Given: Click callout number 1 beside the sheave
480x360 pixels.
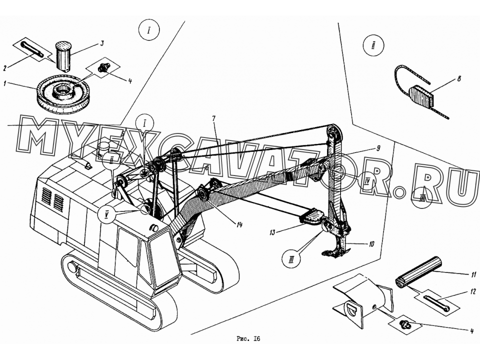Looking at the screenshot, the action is (5, 83).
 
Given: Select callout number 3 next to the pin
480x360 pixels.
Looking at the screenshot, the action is (102, 43).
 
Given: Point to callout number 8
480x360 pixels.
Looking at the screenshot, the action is (459, 79).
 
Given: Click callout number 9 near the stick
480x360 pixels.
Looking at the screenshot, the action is (378, 148).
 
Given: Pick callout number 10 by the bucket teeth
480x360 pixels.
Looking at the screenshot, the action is (371, 244).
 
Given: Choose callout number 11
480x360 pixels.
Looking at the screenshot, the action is (474, 274).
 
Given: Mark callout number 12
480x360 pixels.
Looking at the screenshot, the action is (473, 292).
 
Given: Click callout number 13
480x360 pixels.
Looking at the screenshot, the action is (272, 232).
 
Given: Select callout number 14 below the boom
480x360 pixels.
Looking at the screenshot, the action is (239, 225).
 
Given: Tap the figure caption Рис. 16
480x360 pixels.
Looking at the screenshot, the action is (248, 339).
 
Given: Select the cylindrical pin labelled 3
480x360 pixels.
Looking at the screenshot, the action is (63, 56).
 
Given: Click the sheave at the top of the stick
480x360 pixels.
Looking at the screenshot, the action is (333, 132).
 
